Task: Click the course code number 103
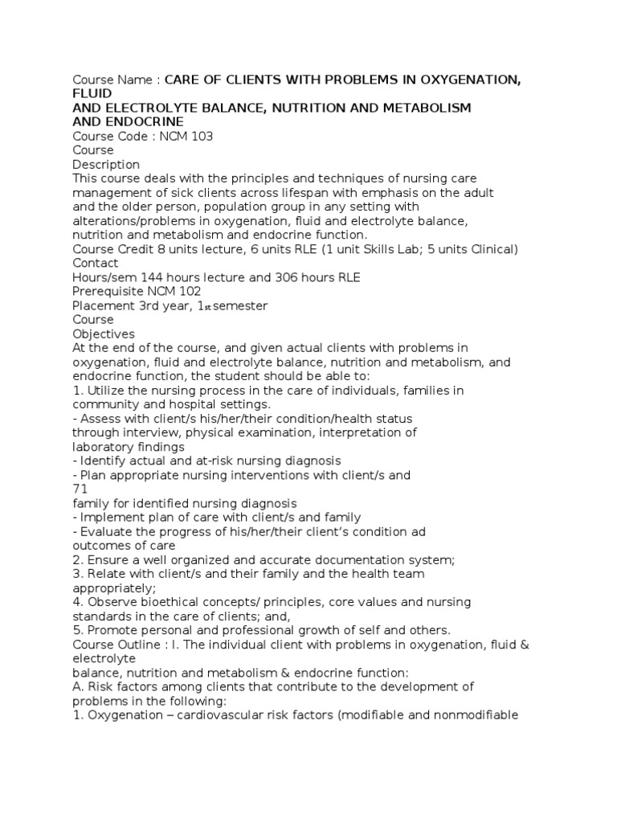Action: pos(202,136)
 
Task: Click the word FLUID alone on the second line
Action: pos(91,93)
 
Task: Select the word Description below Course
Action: pos(106,164)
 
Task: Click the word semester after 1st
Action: pos(239,305)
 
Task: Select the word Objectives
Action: pos(104,334)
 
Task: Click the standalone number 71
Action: pos(80,489)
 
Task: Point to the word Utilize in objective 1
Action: pos(109,390)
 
